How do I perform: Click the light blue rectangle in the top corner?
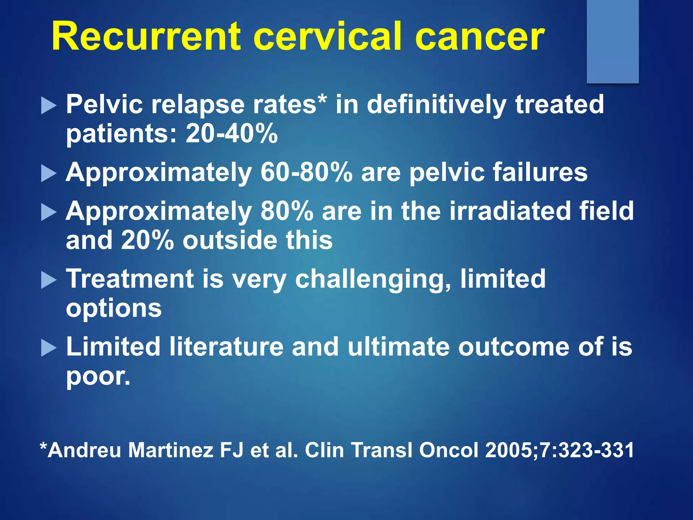click(612, 41)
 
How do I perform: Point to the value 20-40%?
click(232, 133)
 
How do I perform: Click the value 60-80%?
click(306, 172)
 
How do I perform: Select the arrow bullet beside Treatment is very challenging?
click(49, 280)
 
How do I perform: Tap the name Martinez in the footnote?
click(171, 450)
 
